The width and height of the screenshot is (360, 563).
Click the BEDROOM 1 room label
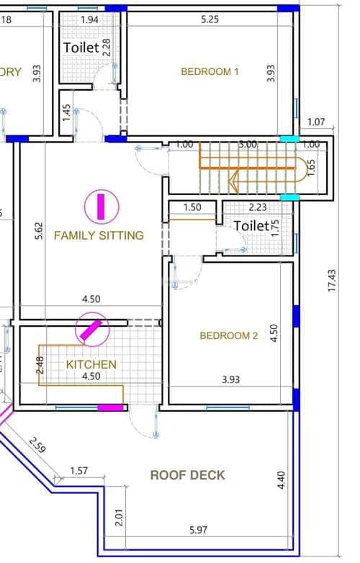[x=210, y=71]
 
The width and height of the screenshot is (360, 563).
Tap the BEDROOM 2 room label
[x=228, y=335]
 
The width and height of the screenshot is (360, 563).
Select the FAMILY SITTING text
[x=99, y=235]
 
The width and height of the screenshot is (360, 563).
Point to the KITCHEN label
[x=91, y=365]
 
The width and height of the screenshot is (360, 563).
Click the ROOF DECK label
[x=187, y=475]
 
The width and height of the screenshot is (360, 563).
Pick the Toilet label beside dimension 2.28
[x=82, y=47]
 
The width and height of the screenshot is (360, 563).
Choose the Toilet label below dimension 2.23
[x=251, y=226]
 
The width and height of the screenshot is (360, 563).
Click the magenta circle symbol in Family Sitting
[x=101, y=207]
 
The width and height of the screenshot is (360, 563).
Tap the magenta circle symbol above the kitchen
[x=91, y=330]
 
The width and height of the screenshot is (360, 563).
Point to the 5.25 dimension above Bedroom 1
[x=210, y=20]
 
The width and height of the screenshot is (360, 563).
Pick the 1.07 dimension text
[x=318, y=122]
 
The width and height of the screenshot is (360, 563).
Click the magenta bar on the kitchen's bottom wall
[x=110, y=408]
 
